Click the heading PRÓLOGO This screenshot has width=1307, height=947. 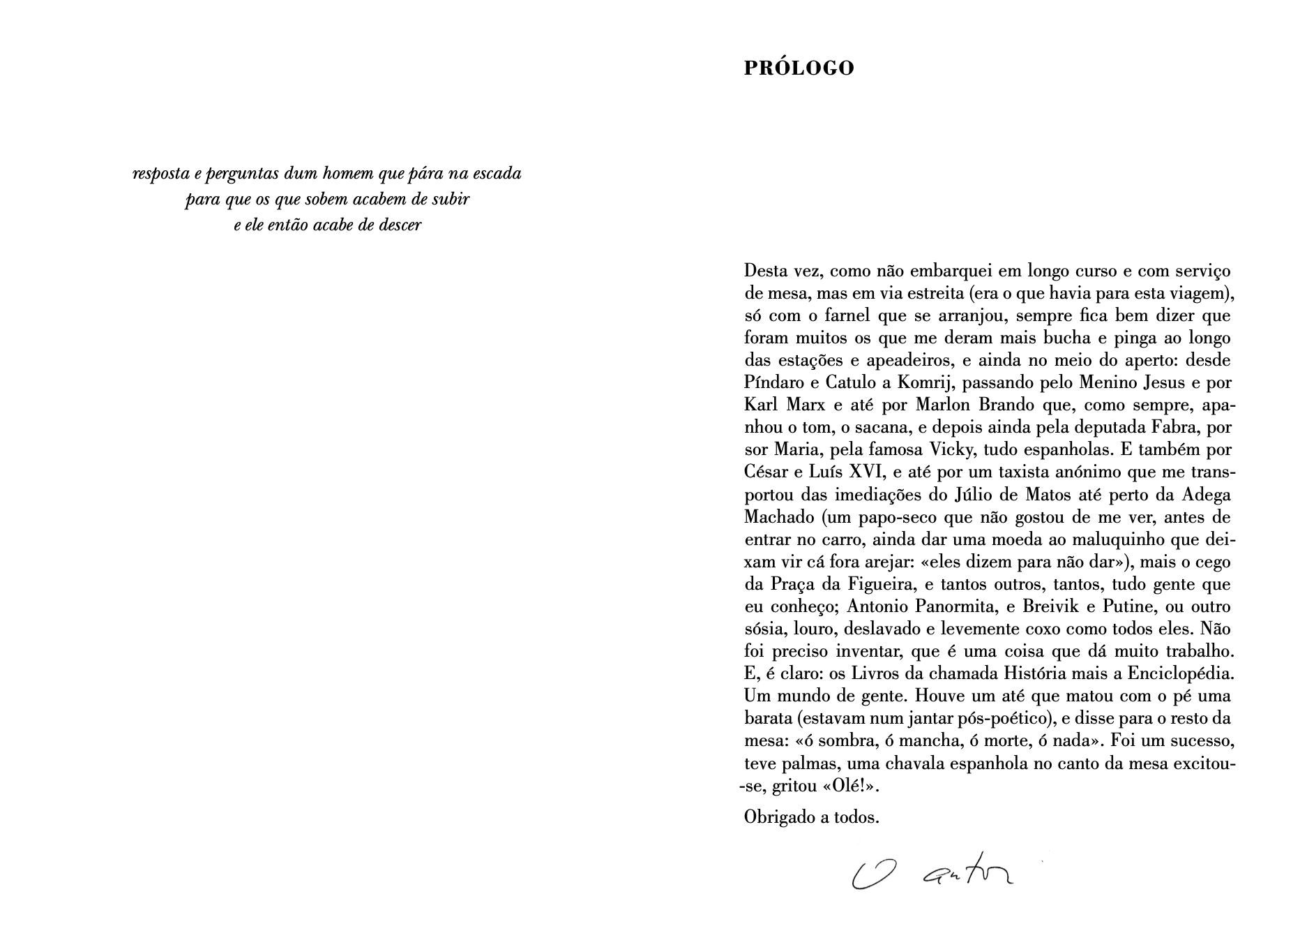[799, 68]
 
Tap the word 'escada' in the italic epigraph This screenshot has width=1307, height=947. [497, 173]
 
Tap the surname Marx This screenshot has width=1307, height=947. [805, 405]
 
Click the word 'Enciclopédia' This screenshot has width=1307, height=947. [1186, 674]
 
